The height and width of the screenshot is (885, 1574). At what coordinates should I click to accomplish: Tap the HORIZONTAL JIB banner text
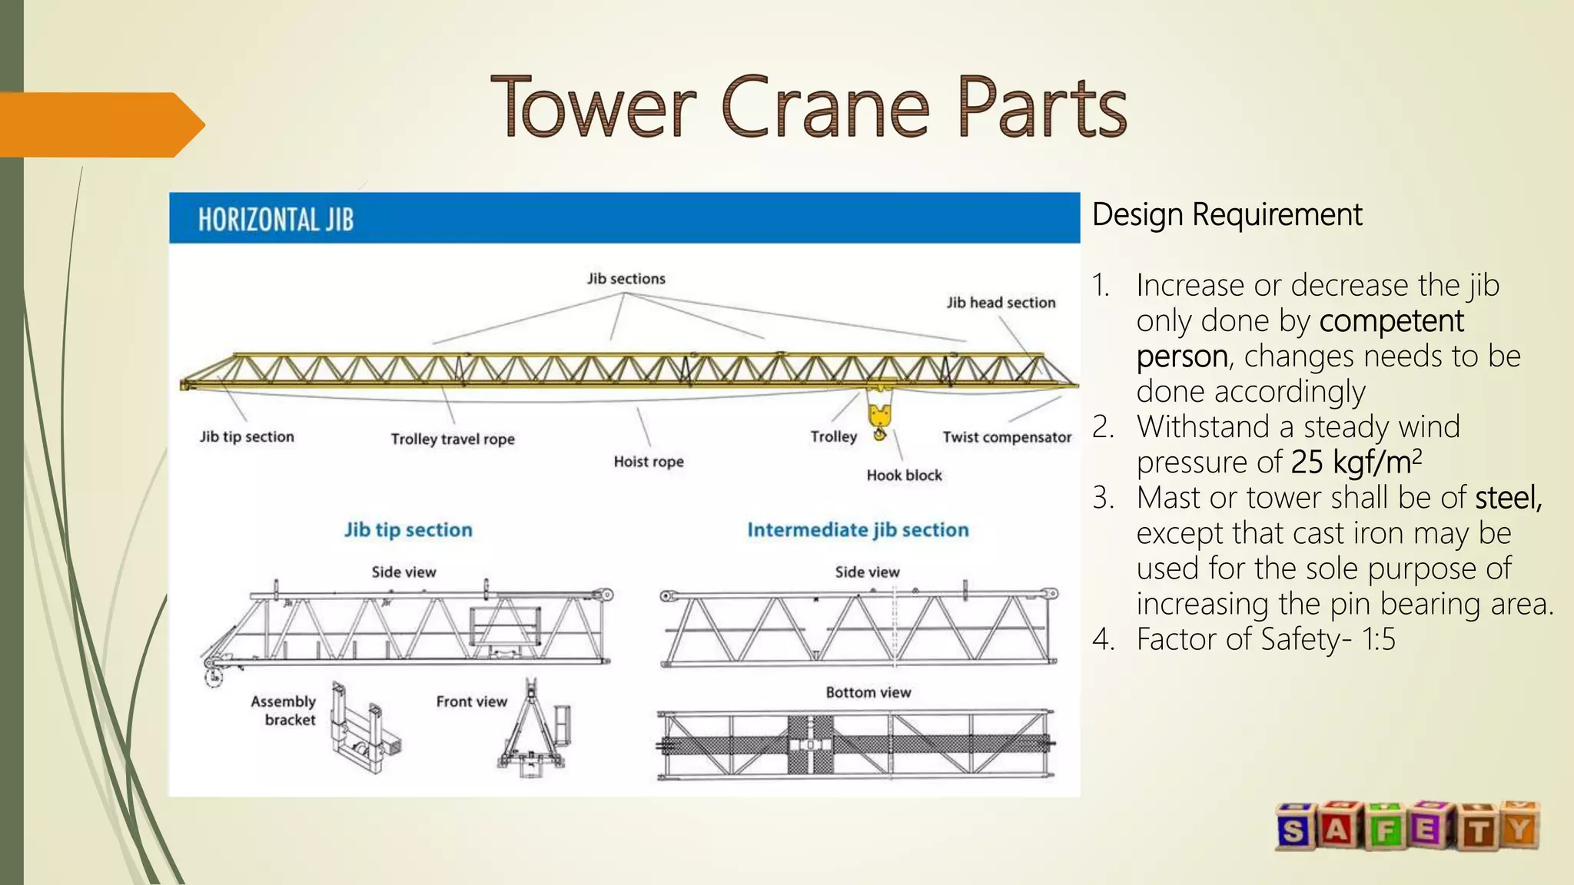276,220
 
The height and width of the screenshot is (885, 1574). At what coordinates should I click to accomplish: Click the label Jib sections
626,279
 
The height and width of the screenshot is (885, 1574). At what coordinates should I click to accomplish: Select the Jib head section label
1001,303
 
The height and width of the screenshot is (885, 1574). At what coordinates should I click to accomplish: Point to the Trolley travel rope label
453,439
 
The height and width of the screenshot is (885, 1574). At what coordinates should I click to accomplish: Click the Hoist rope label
648,462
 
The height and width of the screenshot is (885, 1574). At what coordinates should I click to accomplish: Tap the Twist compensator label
1007,437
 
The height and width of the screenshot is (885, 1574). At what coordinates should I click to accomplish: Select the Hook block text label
904,476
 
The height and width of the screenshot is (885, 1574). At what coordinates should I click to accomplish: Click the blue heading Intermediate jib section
858,530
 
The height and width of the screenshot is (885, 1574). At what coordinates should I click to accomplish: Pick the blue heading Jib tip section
408,530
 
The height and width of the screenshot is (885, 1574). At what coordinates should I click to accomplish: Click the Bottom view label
868,693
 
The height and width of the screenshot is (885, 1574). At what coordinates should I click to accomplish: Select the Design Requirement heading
1227,214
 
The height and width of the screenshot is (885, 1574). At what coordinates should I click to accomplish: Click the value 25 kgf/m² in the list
1356,462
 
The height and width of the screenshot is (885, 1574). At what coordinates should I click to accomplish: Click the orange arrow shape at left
100,124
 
